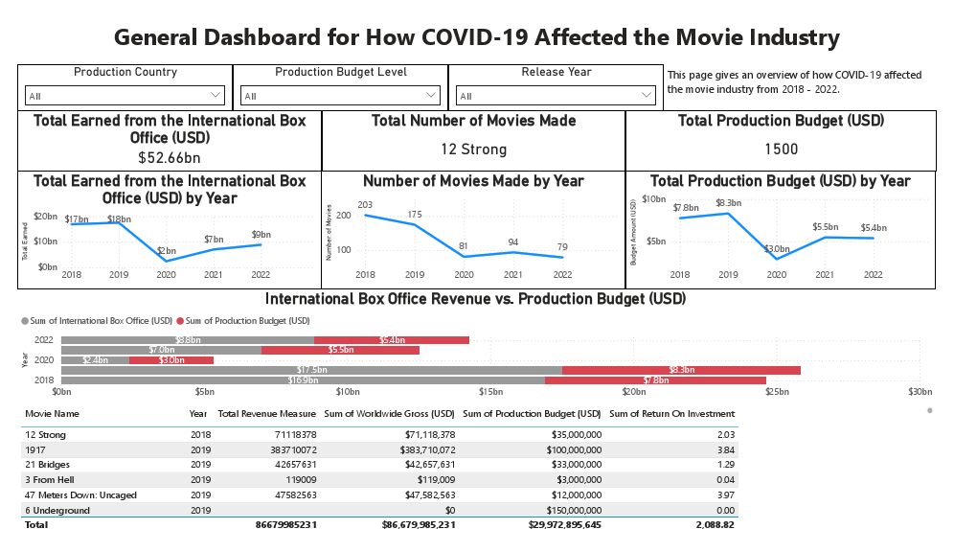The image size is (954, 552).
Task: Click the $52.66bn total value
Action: (170, 157)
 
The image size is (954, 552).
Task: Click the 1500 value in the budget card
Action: (781, 149)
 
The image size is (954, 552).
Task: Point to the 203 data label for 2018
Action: (365, 205)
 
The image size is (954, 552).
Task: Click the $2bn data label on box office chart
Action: (166, 250)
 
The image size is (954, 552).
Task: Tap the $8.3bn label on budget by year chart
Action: (728, 203)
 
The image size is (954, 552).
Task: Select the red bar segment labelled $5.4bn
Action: (391, 340)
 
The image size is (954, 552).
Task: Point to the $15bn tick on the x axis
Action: (490, 392)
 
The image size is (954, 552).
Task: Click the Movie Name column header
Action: (53, 414)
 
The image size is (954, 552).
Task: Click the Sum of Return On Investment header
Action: (672, 414)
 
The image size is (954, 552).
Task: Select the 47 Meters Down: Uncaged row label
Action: (80, 495)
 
